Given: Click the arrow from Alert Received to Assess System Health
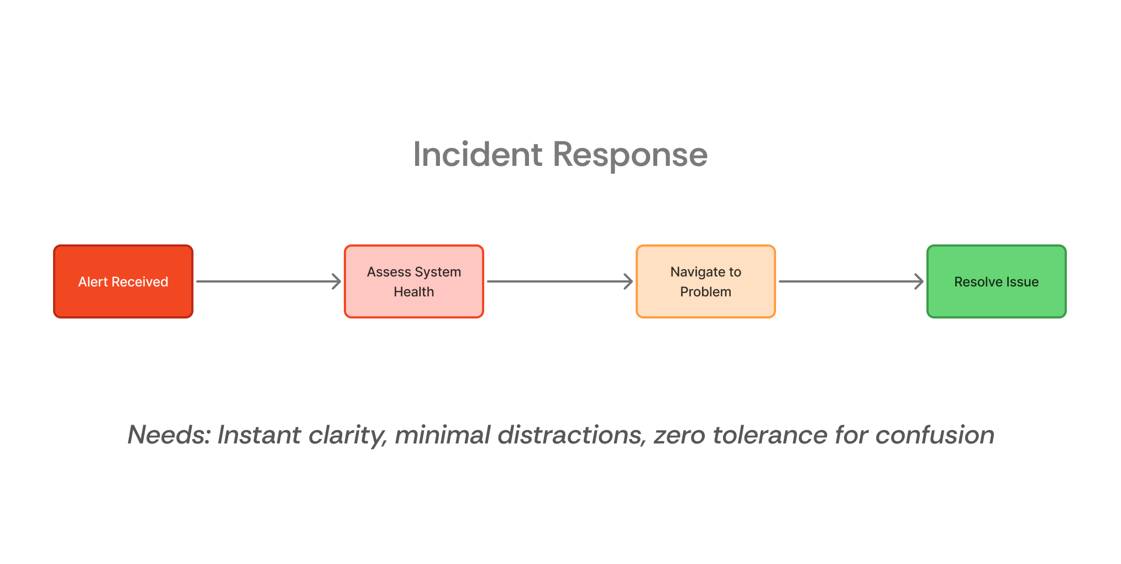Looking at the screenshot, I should [269, 281].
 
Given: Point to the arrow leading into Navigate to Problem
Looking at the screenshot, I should [559, 281].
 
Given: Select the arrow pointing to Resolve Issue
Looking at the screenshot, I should [851, 281].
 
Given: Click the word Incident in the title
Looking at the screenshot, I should [478, 154].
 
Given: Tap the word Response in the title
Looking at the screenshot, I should [630, 154].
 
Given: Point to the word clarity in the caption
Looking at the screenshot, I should [348, 435].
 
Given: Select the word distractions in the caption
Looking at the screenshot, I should [572, 435].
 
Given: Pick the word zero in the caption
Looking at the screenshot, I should [679, 435].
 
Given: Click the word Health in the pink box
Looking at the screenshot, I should [413, 292].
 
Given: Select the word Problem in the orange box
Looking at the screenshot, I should [705, 292].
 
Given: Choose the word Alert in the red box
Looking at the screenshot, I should [93, 282].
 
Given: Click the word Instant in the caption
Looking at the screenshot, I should [259, 435].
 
